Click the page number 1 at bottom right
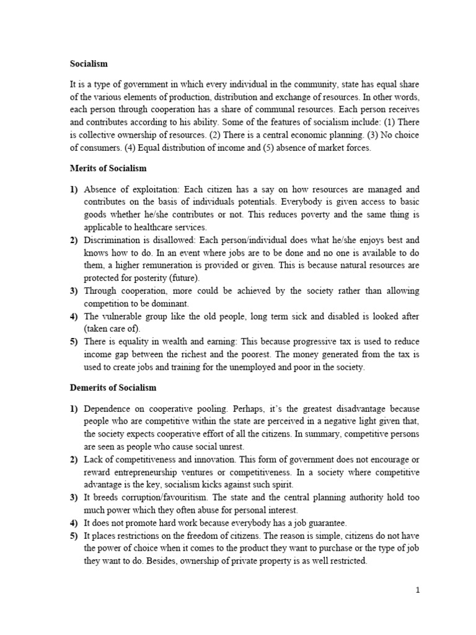click(418, 590)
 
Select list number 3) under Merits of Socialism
click(74, 291)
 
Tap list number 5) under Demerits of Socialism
click(74, 536)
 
